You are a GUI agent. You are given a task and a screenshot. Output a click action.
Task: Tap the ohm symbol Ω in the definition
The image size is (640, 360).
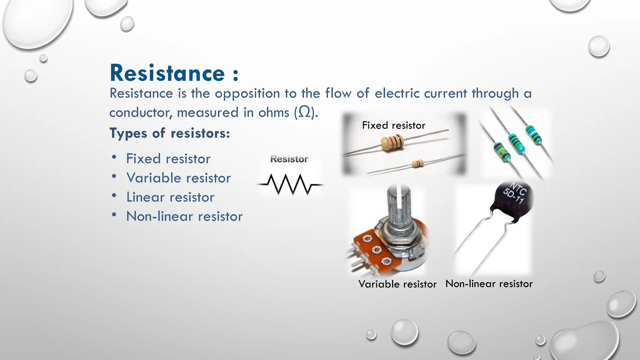[304, 112]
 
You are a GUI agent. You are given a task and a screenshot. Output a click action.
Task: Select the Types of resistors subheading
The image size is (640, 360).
[169, 133]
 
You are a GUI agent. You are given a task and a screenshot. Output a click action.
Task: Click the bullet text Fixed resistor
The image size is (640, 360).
[168, 159]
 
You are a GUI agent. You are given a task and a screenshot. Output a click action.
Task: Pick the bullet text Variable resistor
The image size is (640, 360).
[178, 178]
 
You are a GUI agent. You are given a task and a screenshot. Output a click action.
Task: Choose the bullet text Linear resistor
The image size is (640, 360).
[170, 197]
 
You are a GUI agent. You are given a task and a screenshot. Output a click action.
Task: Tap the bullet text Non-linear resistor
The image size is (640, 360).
[184, 217]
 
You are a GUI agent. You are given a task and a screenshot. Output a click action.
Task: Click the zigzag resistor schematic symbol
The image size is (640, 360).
[290, 184]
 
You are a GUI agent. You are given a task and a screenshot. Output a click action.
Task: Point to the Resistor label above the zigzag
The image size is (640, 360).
[289, 159]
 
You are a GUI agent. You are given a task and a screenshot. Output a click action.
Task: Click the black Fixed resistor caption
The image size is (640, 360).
[393, 126]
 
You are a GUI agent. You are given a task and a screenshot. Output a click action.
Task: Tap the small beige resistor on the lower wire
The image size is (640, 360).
[417, 163]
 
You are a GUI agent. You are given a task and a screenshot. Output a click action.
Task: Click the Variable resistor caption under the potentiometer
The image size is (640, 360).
[397, 284]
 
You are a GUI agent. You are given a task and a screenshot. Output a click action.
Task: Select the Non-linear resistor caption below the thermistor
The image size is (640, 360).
[489, 284]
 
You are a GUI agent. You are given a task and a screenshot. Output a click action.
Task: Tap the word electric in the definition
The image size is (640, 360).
[397, 93]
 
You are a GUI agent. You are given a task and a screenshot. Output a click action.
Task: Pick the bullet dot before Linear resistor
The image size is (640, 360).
[114, 196]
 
